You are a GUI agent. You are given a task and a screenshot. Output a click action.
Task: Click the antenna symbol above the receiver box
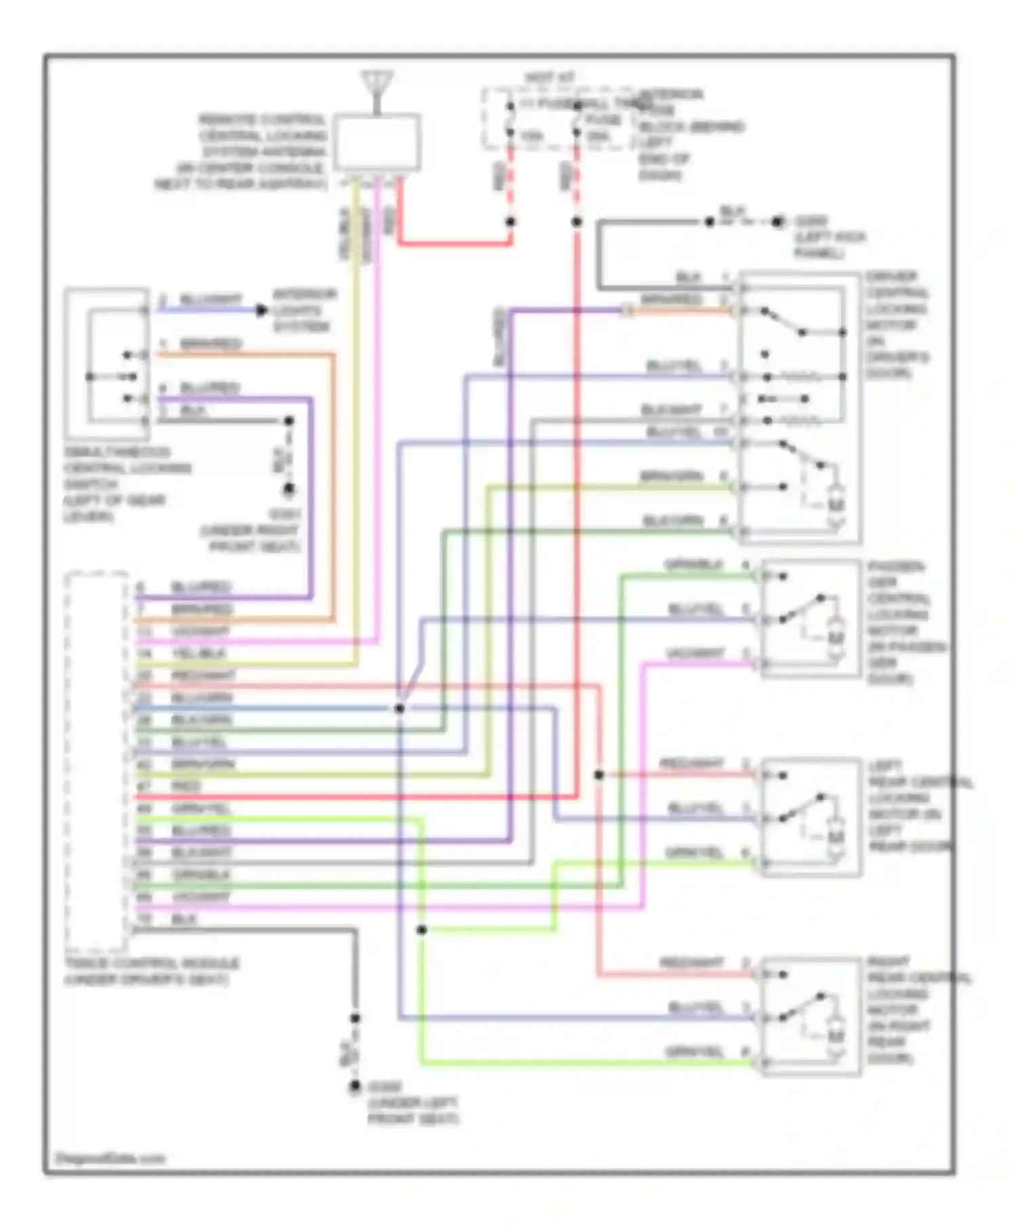click(x=378, y=85)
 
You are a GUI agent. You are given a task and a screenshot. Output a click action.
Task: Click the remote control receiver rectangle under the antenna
click(x=377, y=143)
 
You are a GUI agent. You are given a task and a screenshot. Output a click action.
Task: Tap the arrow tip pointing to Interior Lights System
click(x=262, y=310)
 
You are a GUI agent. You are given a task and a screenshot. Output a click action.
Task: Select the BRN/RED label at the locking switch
click(x=211, y=344)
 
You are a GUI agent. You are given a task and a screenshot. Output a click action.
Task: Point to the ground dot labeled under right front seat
click(x=289, y=488)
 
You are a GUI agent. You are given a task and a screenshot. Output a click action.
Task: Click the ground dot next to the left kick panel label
click(x=778, y=222)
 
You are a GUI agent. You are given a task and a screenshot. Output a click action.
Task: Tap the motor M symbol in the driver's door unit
click(x=836, y=505)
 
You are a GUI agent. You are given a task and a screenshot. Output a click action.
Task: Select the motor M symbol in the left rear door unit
click(x=836, y=838)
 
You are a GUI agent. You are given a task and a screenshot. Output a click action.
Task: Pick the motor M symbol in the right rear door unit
click(x=836, y=1037)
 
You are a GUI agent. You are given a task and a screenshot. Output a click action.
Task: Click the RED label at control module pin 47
click(x=186, y=787)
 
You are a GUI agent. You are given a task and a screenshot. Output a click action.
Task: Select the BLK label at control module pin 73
click(x=184, y=919)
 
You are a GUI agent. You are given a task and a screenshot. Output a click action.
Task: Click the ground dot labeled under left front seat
click(x=355, y=1087)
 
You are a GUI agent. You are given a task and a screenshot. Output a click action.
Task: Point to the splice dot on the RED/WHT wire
click(x=599, y=774)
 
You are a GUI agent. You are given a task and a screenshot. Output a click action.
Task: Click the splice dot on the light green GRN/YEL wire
click(x=421, y=930)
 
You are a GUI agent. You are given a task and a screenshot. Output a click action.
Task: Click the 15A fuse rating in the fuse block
click(x=532, y=136)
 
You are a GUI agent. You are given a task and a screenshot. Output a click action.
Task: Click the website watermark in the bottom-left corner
click(x=109, y=1158)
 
